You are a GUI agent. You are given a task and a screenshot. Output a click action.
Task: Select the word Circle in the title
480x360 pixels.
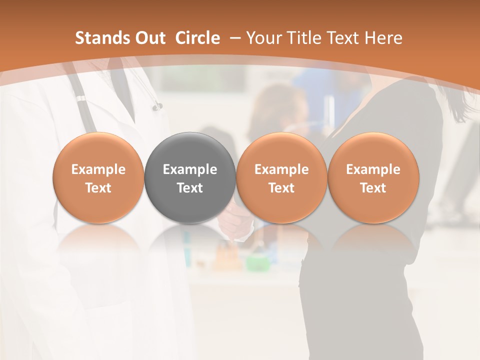click(197, 38)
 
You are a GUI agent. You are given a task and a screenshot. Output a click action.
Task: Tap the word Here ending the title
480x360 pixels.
click(384, 38)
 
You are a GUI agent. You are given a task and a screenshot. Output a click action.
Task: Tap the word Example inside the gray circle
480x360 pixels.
click(190, 169)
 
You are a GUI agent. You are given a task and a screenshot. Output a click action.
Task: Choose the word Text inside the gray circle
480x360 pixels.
click(190, 188)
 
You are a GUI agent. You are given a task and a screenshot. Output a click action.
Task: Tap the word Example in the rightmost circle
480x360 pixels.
click(373, 169)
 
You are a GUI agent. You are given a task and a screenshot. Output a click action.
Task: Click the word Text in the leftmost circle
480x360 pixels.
click(98, 188)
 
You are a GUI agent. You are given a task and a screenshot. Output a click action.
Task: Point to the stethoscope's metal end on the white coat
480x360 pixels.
click(158, 106)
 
